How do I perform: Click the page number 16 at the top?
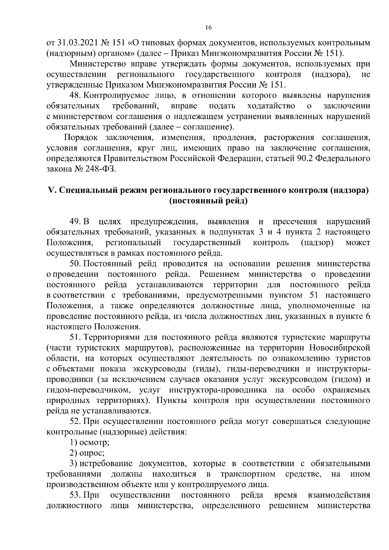click(x=208, y=28)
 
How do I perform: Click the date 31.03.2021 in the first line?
click(x=75, y=43)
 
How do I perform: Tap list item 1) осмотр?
click(x=89, y=442)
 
